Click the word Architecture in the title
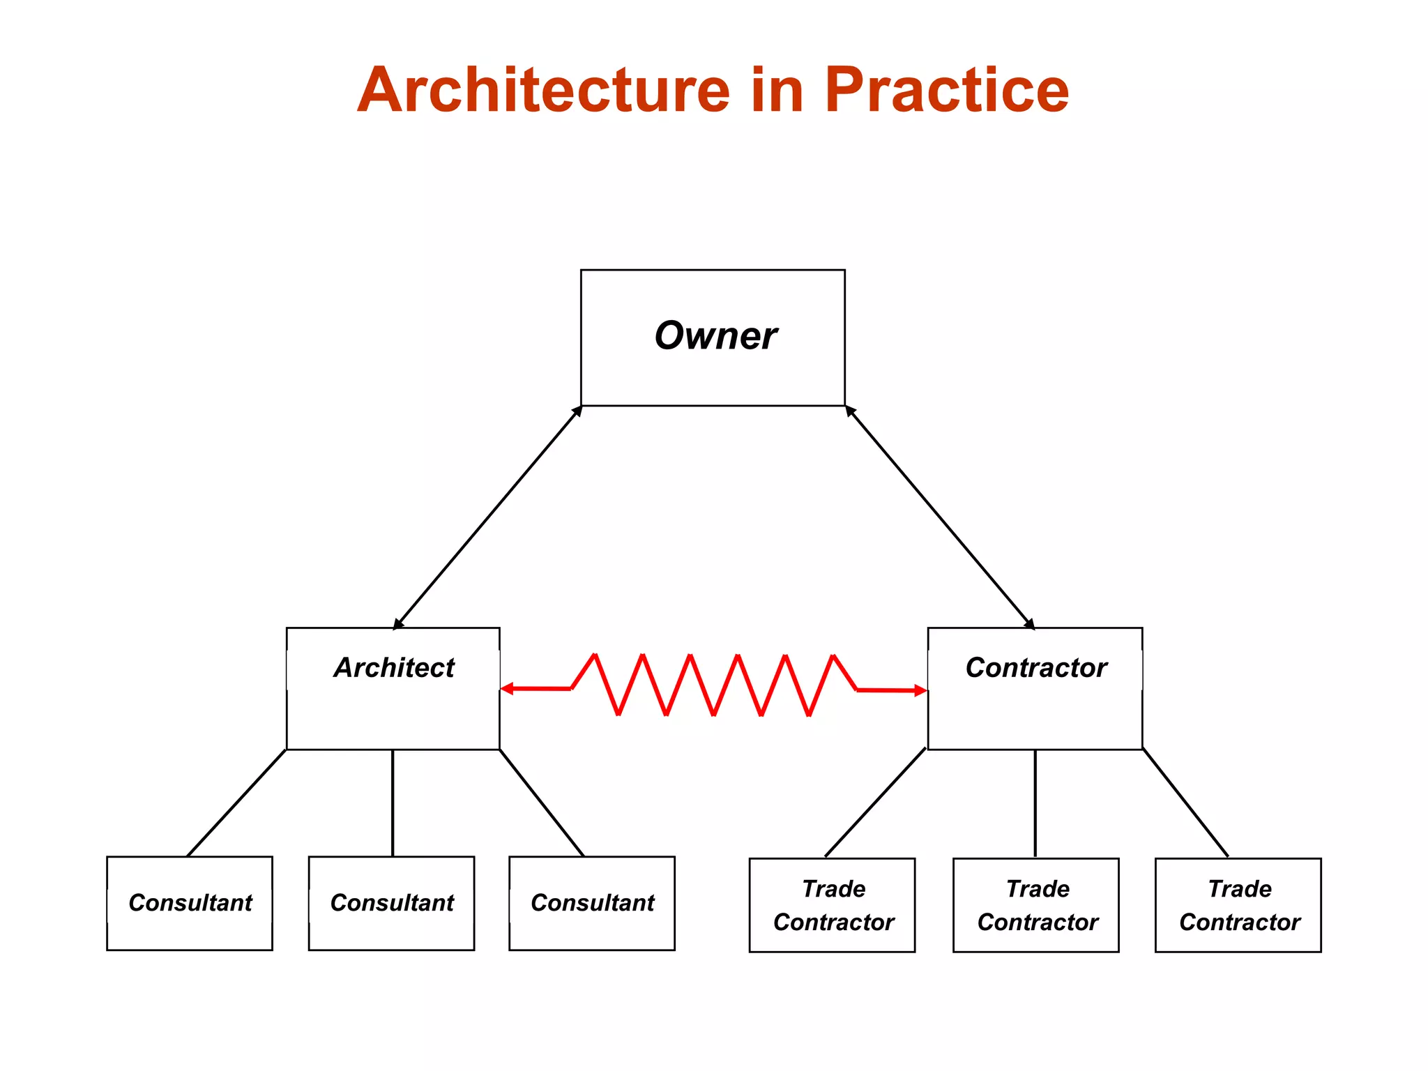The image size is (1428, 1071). pyautogui.click(x=544, y=91)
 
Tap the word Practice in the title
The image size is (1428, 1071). pyautogui.click(x=946, y=91)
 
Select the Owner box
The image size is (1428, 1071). pyautogui.click(x=713, y=337)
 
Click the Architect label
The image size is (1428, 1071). pyautogui.click(x=394, y=668)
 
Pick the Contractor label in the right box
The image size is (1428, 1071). pyautogui.click(x=1036, y=668)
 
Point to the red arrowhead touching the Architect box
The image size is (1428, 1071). pyautogui.click(x=507, y=689)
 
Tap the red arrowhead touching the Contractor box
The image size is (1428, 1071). pyautogui.click(x=920, y=691)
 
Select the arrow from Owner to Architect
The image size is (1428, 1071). pyautogui.click(x=488, y=517)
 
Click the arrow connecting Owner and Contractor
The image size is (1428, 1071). pyautogui.click(x=940, y=517)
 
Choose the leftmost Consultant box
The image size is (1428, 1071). pyautogui.click(x=190, y=903)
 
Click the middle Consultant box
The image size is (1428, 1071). pyautogui.click(x=391, y=903)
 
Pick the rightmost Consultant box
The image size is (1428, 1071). pyautogui.click(x=592, y=903)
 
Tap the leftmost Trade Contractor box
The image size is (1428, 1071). pyautogui.click(x=832, y=905)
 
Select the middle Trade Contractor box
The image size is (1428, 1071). pyautogui.click(x=1036, y=905)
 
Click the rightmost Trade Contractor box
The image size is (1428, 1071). pyautogui.click(x=1238, y=905)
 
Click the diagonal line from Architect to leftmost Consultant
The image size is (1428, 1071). pyautogui.click(x=237, y=803)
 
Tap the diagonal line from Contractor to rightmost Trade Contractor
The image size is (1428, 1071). pyautogui.click(x=1185, y=803)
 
